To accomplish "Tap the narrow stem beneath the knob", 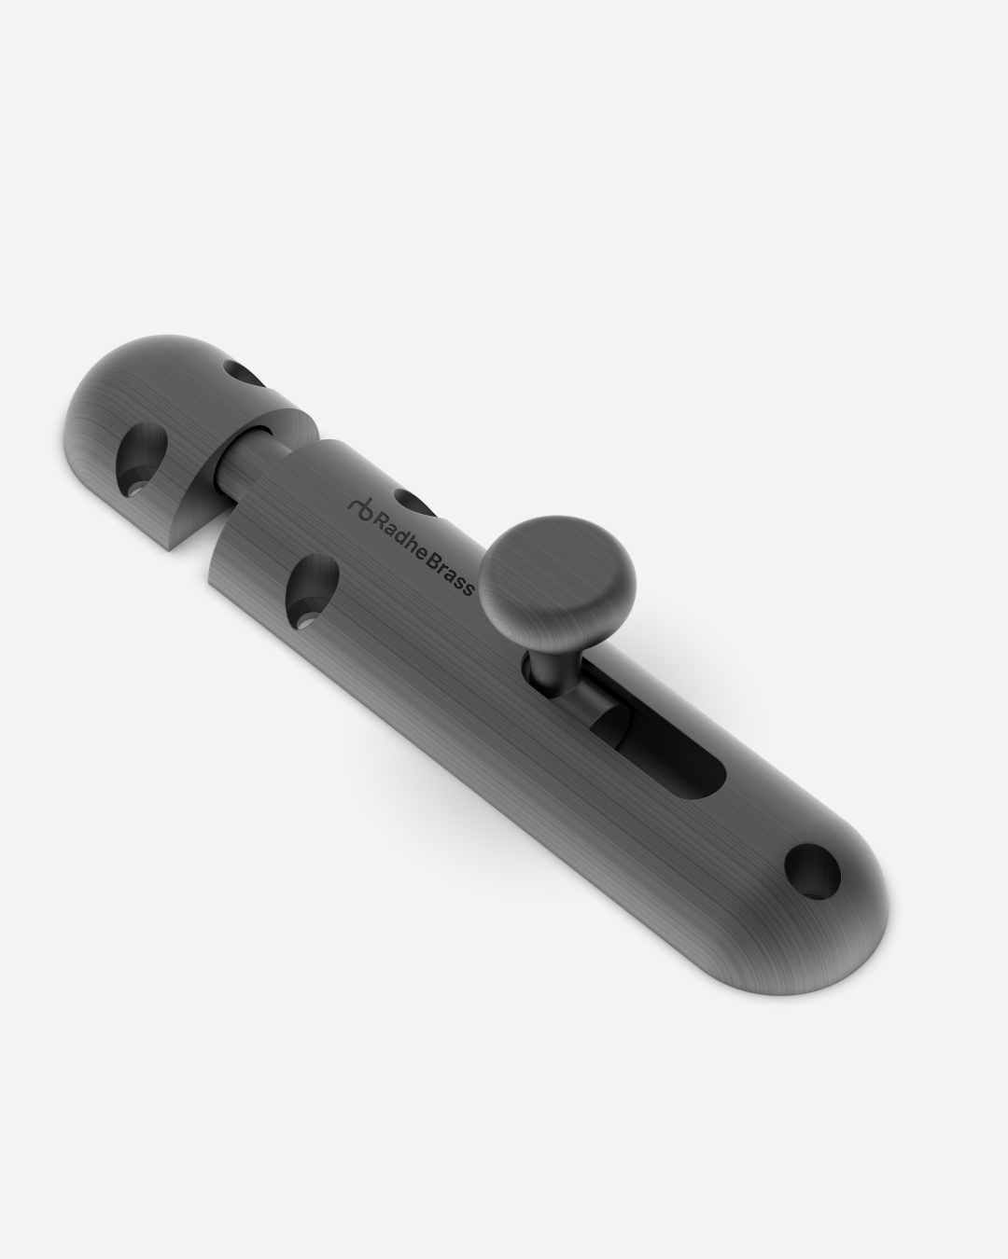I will point(544,664).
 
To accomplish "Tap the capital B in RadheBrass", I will point(437,565).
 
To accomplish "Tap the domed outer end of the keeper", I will point(121,382).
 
